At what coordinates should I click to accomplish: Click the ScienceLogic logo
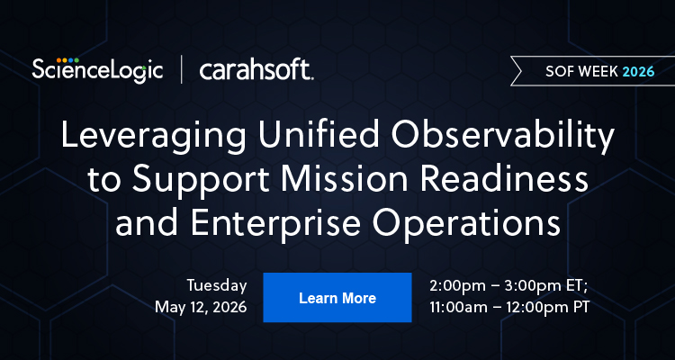click(97, 68)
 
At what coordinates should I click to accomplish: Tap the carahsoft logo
click(256, 69)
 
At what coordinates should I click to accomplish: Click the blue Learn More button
click(337, 298)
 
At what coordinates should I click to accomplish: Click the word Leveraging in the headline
click(144, 137)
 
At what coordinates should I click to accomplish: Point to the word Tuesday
click(217, 285)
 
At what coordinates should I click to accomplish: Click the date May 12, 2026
click(201, 308)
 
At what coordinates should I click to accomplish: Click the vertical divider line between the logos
click(183, 69)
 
